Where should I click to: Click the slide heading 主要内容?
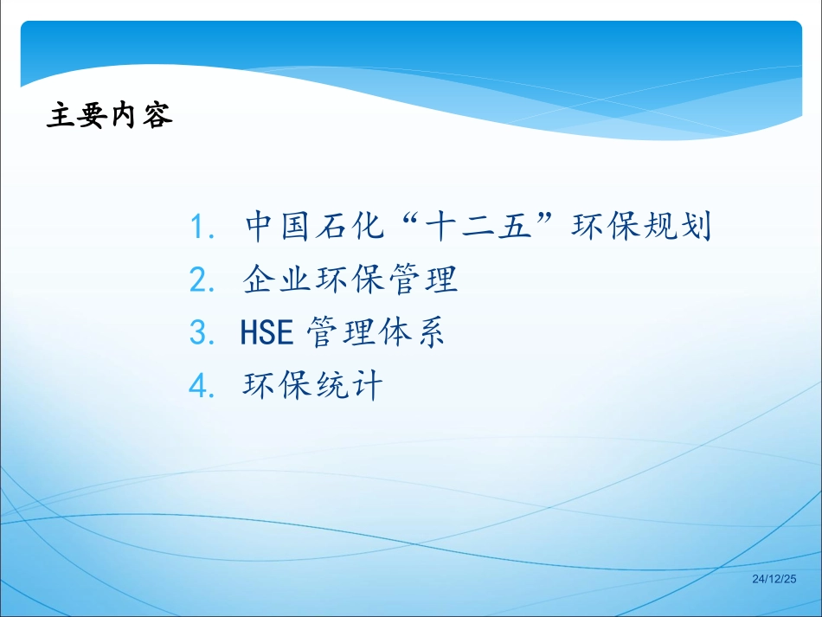[110, 116]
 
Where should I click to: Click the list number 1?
[201, 228]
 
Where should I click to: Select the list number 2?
[202, 280]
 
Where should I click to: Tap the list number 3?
[202, 333]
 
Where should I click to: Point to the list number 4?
[202, 386]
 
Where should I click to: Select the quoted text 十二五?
[478, 227]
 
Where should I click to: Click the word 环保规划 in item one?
[641, 227]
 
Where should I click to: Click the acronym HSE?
[270, 333]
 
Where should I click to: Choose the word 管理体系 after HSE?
[376, 333]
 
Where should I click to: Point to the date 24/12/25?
[774, 578]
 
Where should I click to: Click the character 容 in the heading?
[158, 116]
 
